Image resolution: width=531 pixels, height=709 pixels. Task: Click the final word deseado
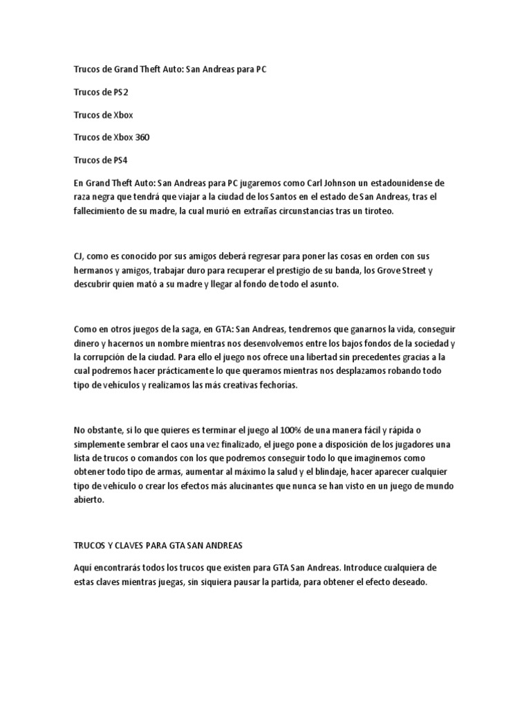pos(407,582)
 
